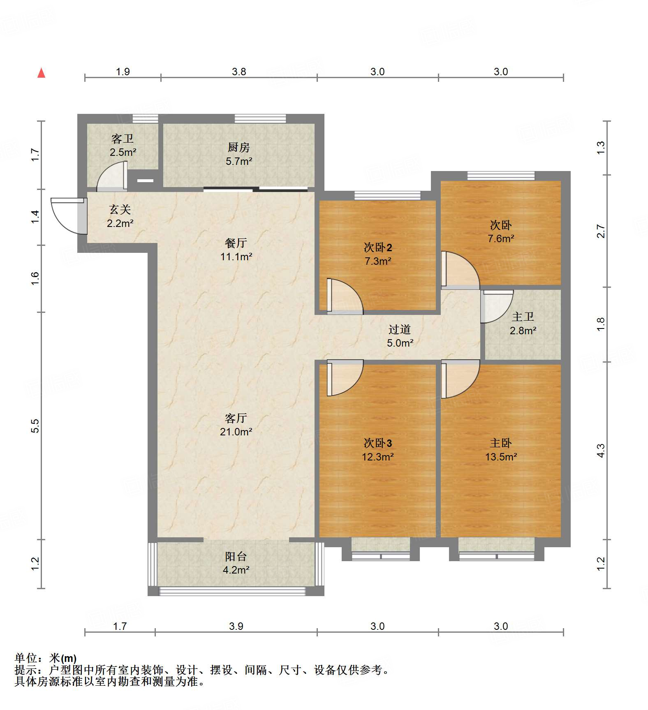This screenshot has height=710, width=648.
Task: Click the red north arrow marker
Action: click(x=42, y=73)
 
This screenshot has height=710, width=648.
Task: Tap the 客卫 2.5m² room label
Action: click(x=123, y=146)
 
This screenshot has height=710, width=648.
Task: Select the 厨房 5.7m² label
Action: click(x=239, y=154)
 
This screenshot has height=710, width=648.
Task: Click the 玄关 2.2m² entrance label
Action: click(x=120, y=216)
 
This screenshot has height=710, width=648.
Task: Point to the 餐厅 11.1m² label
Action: click(x=236, y=250)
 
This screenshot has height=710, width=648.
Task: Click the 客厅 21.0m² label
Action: click(x=236, y=425)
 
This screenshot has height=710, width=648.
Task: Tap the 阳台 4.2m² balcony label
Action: click(x=236, y=563)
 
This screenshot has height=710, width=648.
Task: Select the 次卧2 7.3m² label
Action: click(x=378, y=254)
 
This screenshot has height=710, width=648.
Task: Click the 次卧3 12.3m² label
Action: click(x=378, y=450)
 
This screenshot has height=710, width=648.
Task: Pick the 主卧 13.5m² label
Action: click(x=501, y=450)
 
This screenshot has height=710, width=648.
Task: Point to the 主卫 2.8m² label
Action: click(x=523, y=324)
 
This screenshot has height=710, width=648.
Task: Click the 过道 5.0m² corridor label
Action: click(x=400, y=336)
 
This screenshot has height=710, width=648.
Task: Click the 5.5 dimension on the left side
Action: click(x=35, y=426)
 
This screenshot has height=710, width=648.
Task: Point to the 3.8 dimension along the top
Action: click(x=239, y=72)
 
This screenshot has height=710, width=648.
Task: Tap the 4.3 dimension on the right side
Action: click(x=601, y=451)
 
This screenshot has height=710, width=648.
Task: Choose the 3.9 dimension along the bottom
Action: click(x=236, y=626)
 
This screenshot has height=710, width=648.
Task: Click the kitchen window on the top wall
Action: click(x=260, y=118)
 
